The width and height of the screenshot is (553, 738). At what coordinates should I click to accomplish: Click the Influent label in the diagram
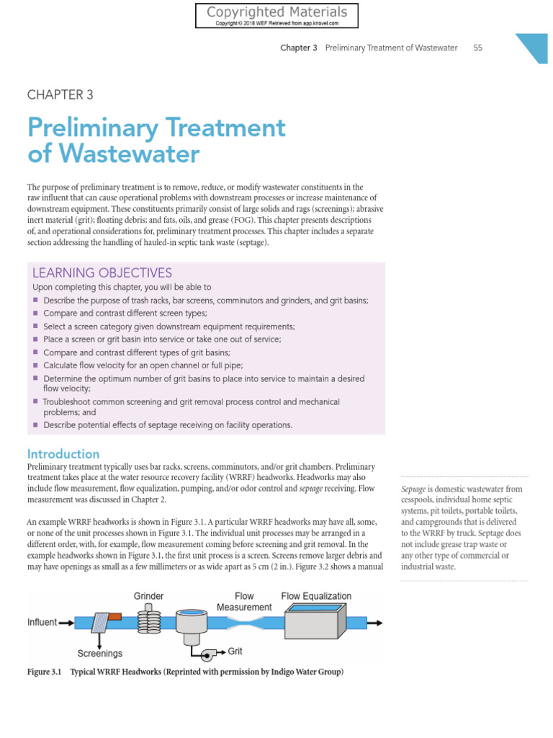pyautogui.click(x=42, y=622)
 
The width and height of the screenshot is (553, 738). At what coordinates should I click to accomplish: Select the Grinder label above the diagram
pyautogui.click(x=148, y=596)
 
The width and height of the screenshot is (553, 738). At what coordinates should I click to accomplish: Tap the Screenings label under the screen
pyautogui.click(x=100, y=654)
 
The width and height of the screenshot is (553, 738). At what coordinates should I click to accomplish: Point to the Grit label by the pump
pyautogui.click(x=235, y=651)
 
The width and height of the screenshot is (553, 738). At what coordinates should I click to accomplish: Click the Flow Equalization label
pyautogui.click(x=316, y=596)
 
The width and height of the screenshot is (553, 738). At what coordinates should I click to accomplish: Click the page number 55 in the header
pyautogui.click(x=478, y=48)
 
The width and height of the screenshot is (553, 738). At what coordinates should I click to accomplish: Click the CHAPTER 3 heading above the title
pyautogui.click(x=60, y=94)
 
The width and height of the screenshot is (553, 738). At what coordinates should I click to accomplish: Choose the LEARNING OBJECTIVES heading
pyautogui.click(x=102, y=272)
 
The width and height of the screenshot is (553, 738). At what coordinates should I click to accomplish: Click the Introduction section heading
pyautogui.click(x=63, y=454)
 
